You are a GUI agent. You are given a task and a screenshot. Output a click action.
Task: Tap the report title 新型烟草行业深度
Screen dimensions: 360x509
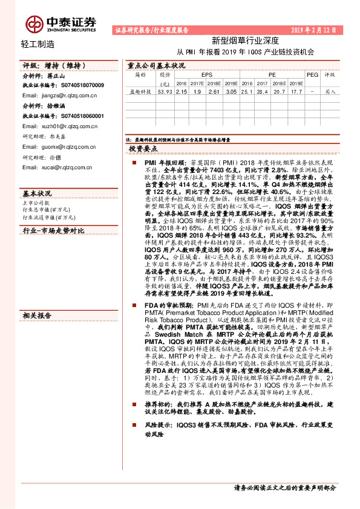pyautogui.click(x=244, y=41)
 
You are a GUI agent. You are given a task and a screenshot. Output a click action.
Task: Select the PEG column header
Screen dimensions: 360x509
pyautogui.click(x=312, y=75)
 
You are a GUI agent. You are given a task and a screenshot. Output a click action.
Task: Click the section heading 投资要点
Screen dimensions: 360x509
pyautogui.click(x=143, y=148)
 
